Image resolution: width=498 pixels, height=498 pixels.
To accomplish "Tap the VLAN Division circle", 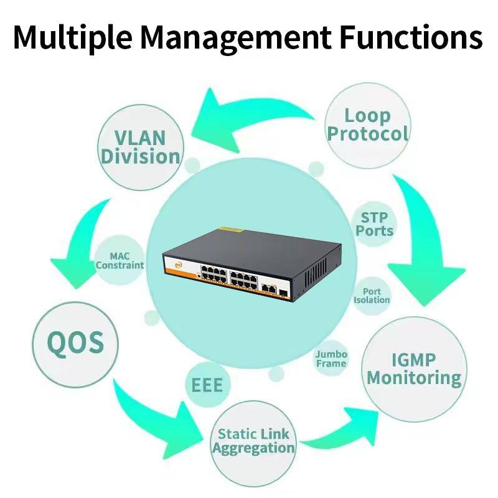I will point(141,147).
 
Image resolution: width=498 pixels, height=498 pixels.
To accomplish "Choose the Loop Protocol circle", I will point(368,125).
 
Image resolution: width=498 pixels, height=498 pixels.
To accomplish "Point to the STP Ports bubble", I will point(374,225).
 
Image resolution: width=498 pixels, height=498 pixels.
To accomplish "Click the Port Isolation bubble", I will point(372,296).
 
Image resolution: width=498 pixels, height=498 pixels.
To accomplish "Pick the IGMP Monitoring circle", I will point(414,369).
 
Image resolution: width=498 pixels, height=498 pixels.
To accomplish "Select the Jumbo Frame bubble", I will point(331,359).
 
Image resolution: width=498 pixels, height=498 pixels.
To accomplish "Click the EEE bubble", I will point(207,385).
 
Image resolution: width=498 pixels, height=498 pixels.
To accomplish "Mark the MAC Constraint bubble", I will point(120,261).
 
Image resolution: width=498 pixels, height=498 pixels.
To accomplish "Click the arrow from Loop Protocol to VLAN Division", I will point(249,115).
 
